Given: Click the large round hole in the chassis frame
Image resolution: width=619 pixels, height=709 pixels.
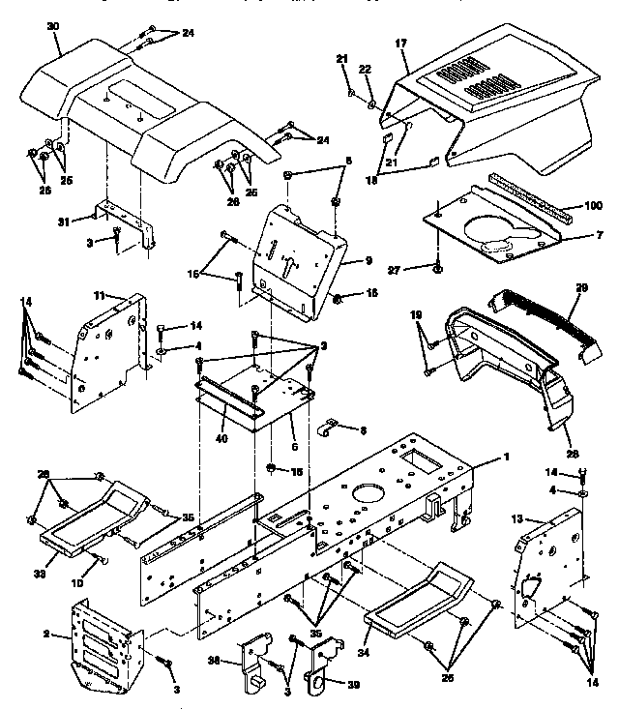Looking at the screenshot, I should tap(366, 494).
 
